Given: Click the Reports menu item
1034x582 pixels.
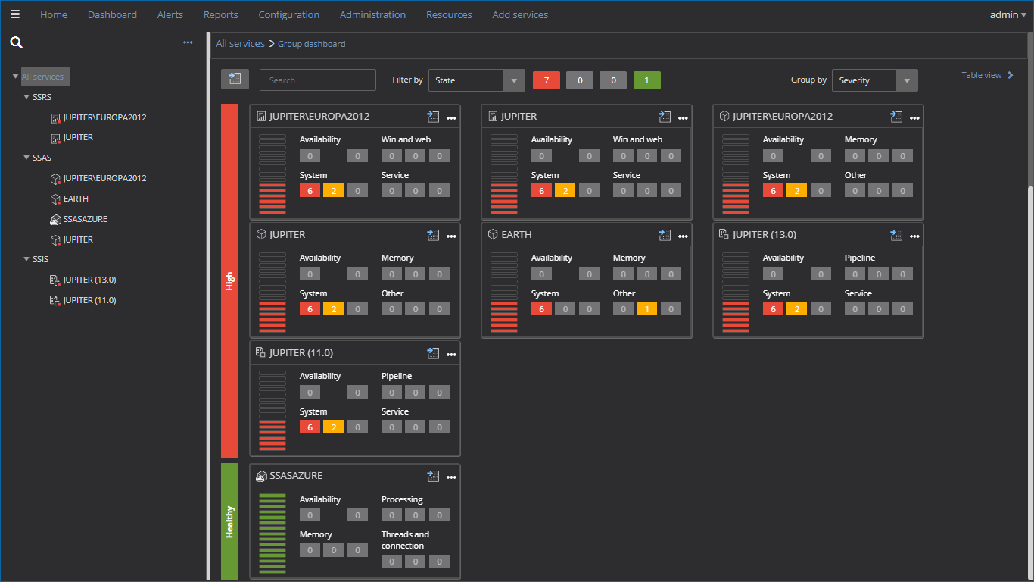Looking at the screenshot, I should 220,14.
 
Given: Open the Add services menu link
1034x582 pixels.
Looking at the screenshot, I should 519,14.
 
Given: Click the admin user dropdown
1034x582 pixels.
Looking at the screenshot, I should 1008,14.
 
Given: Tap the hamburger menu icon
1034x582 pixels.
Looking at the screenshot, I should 15,14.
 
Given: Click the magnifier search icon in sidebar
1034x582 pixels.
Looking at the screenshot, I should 16,43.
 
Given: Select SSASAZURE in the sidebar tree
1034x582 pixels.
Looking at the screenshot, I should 85,219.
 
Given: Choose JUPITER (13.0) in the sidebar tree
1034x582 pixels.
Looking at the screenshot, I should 89,280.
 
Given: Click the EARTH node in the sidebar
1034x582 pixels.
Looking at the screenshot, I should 76,199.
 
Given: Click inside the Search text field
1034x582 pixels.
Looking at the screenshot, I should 317,80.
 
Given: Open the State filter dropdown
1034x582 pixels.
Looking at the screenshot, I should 476,80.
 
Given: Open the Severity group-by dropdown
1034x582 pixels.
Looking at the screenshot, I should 874,80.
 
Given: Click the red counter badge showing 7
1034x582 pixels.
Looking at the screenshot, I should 546,80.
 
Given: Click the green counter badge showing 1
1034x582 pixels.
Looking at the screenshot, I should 646,80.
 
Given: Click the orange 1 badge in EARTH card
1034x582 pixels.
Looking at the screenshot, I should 646,308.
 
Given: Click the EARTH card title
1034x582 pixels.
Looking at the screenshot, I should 516,235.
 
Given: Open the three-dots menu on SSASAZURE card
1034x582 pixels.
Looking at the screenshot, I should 451,477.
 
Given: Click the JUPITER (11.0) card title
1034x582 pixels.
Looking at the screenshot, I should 301,353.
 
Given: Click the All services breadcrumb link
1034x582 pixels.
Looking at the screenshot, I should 240,44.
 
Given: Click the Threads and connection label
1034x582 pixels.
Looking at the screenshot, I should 405,540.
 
